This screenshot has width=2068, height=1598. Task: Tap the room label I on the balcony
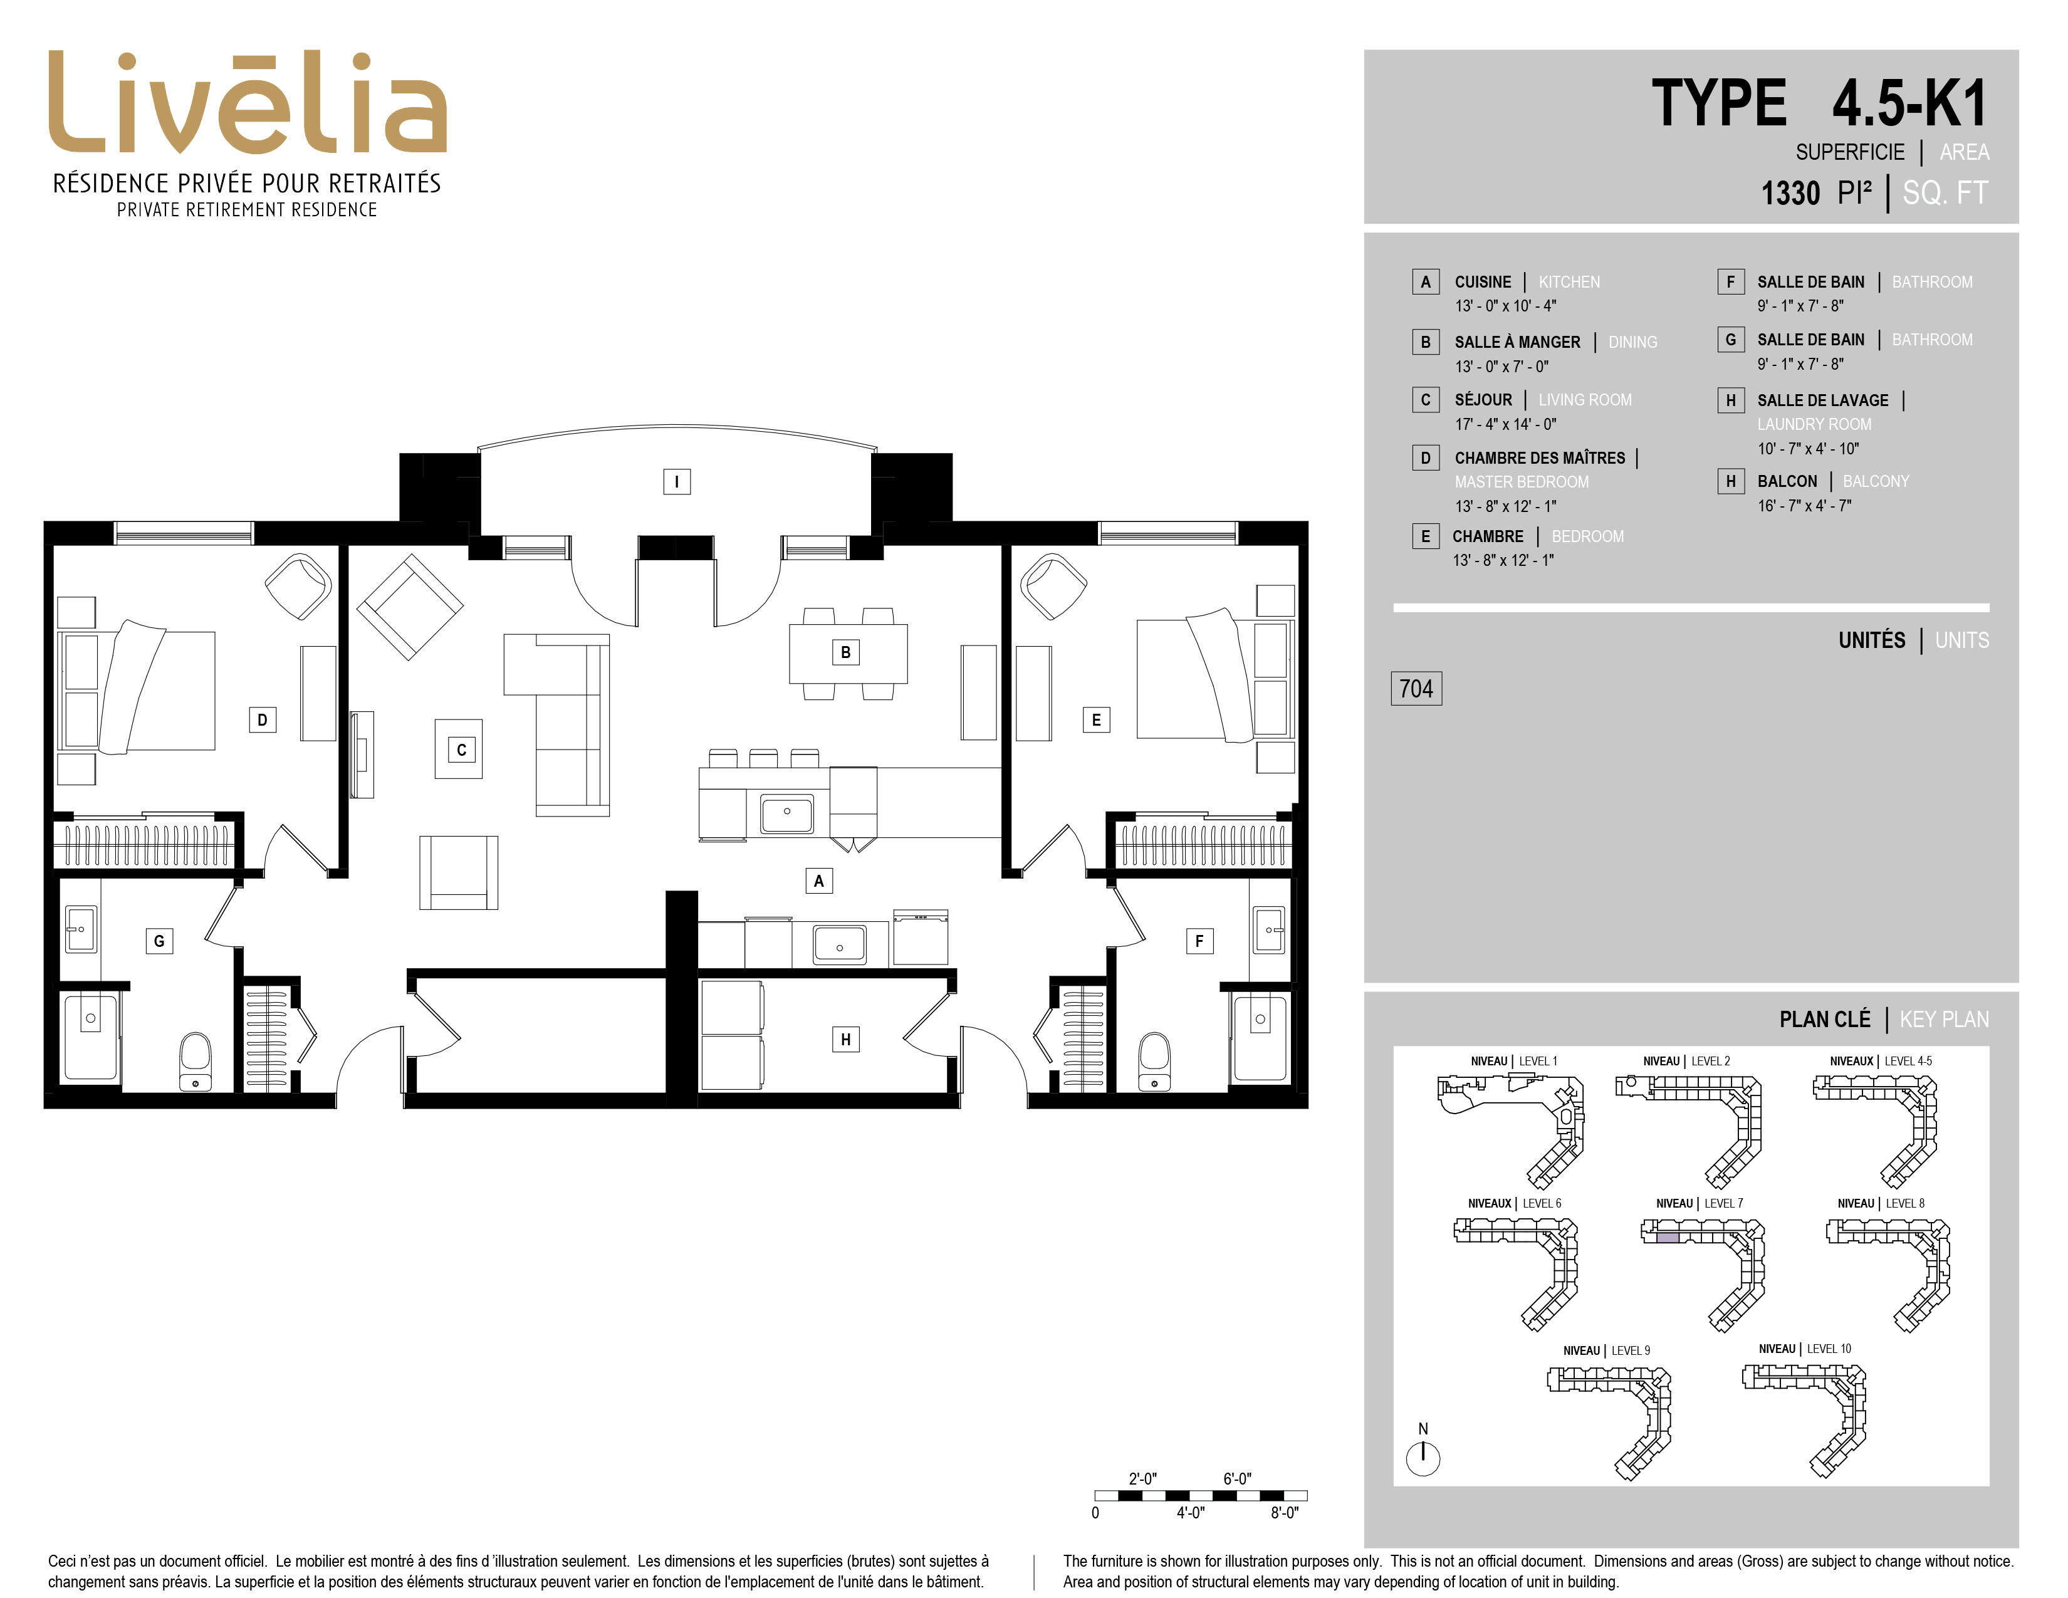[676, 482]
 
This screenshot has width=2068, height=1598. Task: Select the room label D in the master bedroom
[263, 719]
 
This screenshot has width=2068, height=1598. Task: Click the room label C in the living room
[461, 749]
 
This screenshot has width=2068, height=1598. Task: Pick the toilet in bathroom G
[196, 1062]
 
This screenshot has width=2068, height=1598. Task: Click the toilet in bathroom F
[1154, 1062]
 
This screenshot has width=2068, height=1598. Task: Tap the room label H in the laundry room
[845, 1040]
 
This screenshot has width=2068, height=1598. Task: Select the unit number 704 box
[1416, 688]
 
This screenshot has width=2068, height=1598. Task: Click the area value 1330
[1790, 193]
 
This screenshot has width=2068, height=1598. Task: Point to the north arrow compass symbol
[1423, 1458]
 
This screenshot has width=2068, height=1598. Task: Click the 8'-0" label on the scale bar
[1284, 1513]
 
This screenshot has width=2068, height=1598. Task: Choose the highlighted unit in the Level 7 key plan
[1668, 1236]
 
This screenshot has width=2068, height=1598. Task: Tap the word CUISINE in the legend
[1483, 282]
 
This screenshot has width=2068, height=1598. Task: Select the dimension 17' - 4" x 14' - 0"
[1505, 424]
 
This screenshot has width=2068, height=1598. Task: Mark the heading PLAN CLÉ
[1825, 1020]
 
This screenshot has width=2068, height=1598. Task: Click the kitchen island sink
[787, 812]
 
